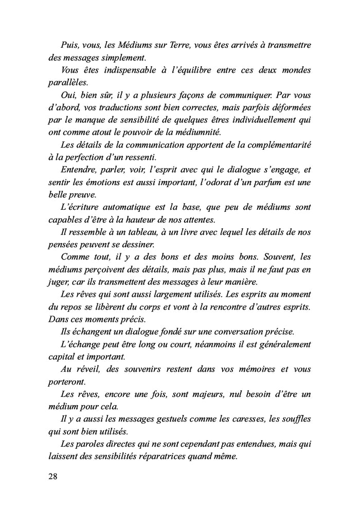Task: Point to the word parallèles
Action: pos(68,82)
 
